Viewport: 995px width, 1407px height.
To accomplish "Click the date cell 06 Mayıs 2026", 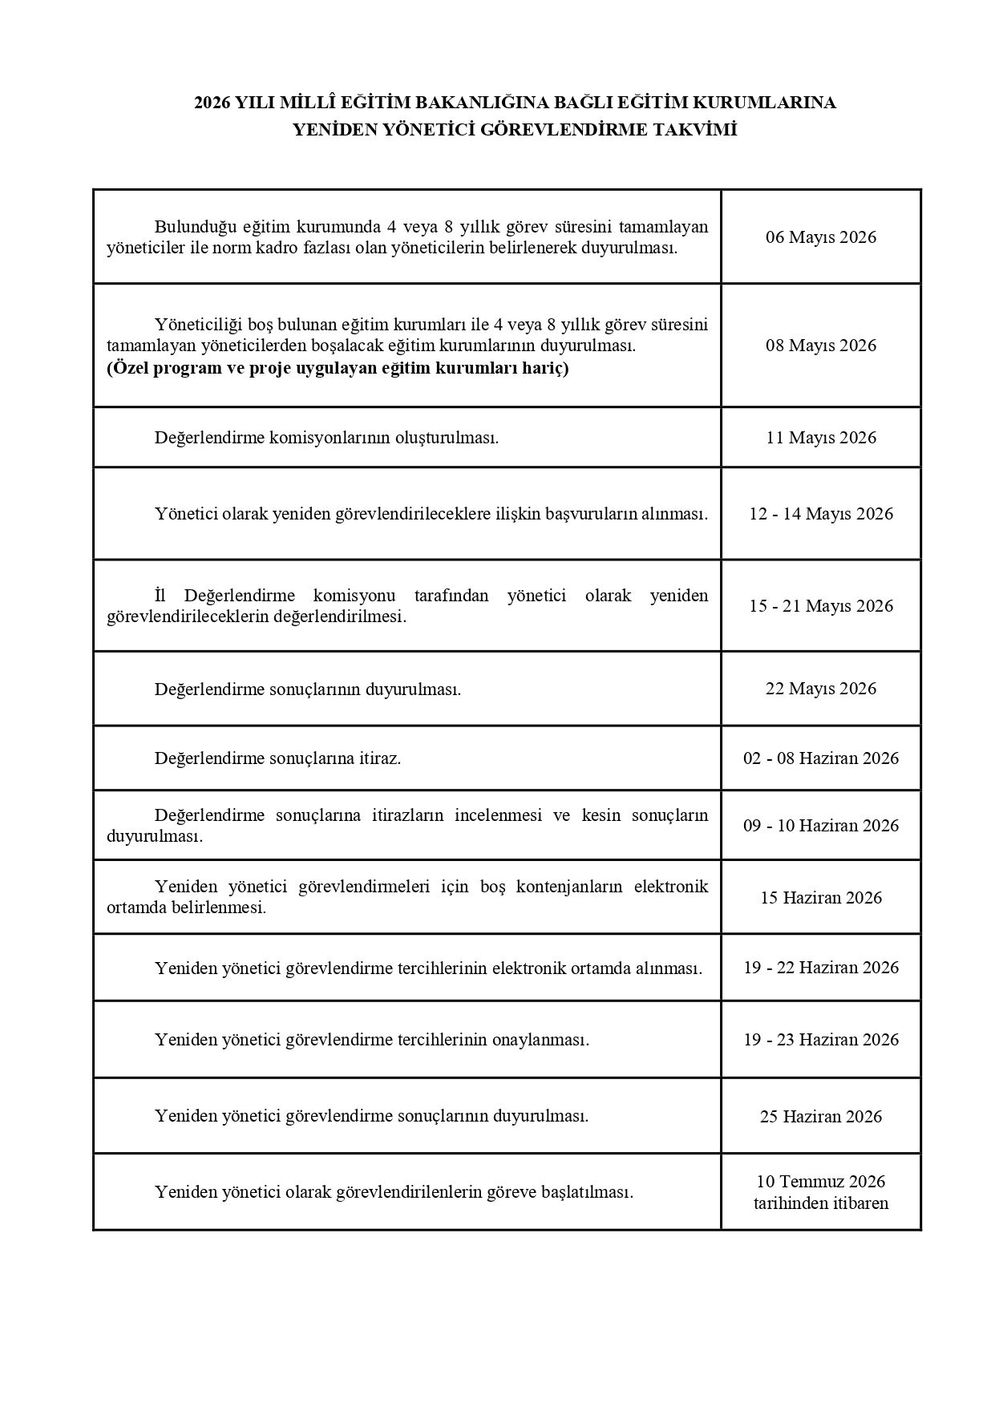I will tap(820, 237).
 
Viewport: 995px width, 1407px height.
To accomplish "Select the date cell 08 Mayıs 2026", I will tap(820, 346).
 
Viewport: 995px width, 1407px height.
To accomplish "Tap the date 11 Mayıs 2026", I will tap(820, 438).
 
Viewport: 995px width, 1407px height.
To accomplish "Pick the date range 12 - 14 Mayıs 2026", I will tap(820, 514).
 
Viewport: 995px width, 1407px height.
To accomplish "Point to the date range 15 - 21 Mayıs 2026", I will tap(820, 606).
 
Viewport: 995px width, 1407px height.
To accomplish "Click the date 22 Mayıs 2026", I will tap(820, 689).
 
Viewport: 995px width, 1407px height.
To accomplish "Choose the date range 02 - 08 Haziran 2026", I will tap(820, 758).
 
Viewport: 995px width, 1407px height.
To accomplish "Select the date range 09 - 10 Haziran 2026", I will tap(820, 826).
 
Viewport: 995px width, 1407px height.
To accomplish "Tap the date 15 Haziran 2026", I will tap(820, 898).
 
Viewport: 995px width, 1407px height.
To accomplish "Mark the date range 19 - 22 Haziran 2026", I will tap(820, 968).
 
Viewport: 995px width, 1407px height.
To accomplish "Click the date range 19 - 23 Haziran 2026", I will tap(820, 1040).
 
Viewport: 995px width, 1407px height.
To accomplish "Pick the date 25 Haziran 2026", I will tap(820, 1117).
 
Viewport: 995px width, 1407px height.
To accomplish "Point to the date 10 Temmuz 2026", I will tap(820, 1182).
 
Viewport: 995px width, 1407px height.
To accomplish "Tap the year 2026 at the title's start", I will tap(212, 103).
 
